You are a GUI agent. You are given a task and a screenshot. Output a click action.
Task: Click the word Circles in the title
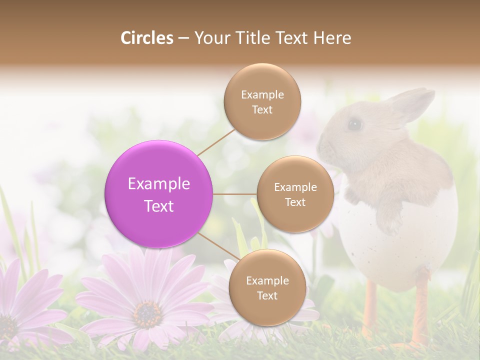click(146, 38)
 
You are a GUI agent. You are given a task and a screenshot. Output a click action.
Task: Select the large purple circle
click(159, 194)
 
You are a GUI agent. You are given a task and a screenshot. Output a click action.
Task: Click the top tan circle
click(262, 102)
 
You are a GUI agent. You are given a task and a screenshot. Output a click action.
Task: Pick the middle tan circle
click(295, 194)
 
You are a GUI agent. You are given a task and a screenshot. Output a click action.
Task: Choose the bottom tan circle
click(267, 288)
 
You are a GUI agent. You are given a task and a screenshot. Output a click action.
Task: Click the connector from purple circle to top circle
click(216, 142)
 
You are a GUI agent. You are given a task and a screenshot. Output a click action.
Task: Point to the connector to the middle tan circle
click(235, 194)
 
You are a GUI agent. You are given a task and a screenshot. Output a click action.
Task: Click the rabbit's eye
click(355, 124)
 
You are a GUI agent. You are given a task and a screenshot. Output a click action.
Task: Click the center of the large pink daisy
click(147, 314)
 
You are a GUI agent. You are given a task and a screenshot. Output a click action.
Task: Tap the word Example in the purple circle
click(159, 184)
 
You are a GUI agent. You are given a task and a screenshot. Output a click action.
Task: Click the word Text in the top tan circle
click(262, 110)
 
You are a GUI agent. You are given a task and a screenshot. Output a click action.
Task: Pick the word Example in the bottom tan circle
click(267, 280)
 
